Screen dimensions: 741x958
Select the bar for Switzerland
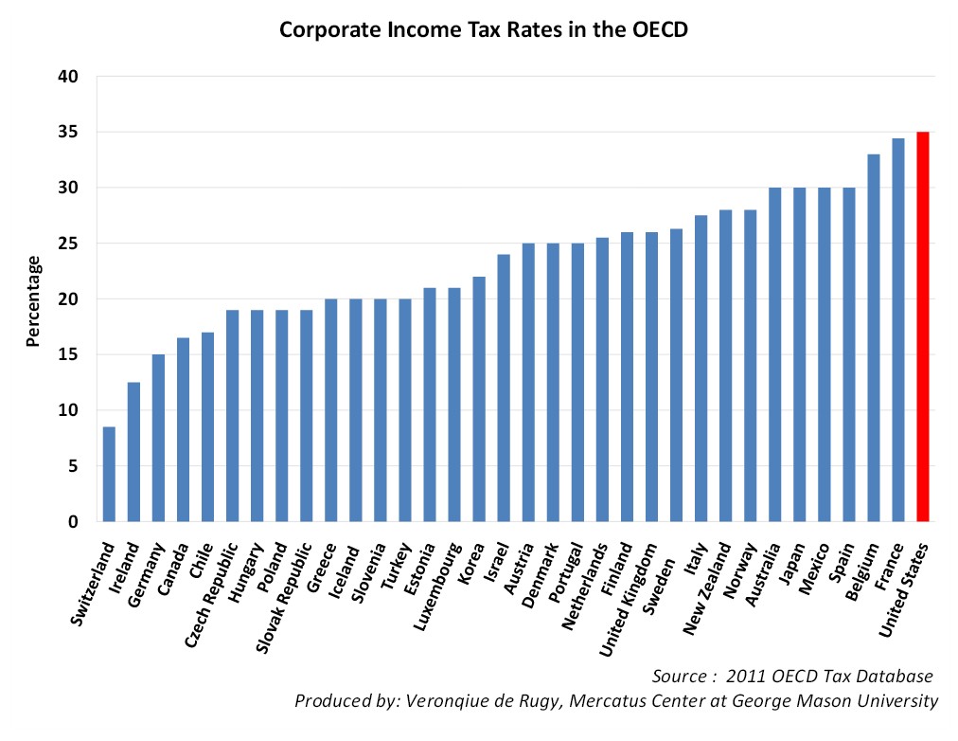pos(109,474)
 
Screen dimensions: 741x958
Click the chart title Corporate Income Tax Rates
pos(483,29)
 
